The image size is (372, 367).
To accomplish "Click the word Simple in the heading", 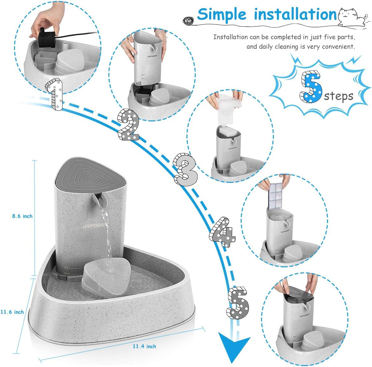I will tap(222, 14).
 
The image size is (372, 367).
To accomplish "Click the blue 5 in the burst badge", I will tap(311, 87).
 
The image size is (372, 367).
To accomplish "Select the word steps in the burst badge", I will tap(339, 96).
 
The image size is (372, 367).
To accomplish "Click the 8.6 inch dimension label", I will tap(22, 216).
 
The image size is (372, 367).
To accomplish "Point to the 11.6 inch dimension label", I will tap(12, 312).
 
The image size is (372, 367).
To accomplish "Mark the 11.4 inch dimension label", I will tap(144, 346).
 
